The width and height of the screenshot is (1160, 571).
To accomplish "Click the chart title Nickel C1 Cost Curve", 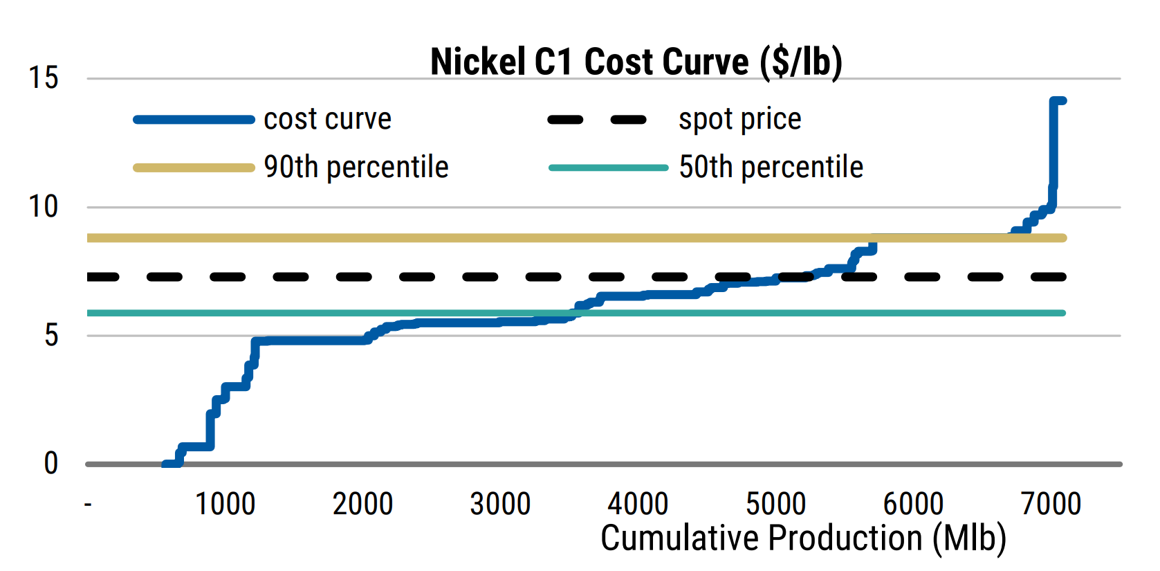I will click(x=636, y=62).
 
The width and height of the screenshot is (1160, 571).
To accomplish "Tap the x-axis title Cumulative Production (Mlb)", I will click(x=803, y=538).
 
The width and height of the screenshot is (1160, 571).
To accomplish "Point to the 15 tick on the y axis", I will click(x=43, y=78).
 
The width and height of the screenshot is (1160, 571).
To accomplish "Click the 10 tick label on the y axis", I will click(x=43, y=206).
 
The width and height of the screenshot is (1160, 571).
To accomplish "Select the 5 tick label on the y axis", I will click(x=51, y=336).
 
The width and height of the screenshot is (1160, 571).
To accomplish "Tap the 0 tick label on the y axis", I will click(x=51, y=463).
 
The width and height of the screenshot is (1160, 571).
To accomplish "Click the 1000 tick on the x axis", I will click(x=225, y=504).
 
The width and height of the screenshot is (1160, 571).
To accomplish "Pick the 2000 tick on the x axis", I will click(x=362, y=504).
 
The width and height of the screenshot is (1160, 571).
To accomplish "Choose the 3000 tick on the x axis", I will click(x=500, y=504).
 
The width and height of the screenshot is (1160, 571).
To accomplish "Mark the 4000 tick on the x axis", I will click(x=638, y=504).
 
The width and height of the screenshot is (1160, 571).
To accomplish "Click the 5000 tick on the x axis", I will click(x=775, y=504).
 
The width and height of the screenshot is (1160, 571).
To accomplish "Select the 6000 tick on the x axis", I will click(x=913, y=504).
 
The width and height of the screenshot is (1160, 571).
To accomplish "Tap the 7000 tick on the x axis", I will click(x=1051, y=504).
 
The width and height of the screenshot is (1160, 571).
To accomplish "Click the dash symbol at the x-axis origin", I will click(x=88, y=505).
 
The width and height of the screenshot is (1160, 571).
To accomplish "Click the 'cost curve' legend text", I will click(x=327, y=119).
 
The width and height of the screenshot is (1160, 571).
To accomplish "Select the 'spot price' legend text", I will click(x=739, y=119).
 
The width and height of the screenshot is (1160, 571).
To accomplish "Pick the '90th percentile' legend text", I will click(x=356, y=167).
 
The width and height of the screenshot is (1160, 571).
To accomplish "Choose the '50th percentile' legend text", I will click(x=771, y=167).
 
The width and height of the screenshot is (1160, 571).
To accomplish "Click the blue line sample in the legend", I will click(x=194, y=120).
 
